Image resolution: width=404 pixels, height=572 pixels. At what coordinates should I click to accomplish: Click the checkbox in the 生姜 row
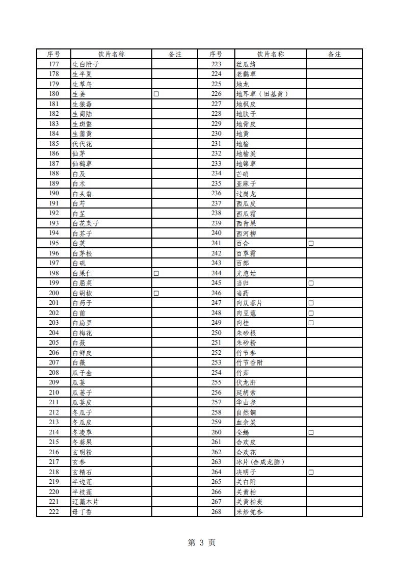[x=156, y=94]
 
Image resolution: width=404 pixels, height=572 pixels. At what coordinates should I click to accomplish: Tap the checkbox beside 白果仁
[x=156, y=273]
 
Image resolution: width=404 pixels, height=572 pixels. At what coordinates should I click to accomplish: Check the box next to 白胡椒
[x=156, y=293]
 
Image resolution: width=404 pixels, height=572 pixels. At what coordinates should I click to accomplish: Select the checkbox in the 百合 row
[x=311, y=243]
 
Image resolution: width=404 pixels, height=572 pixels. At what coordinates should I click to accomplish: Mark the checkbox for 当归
[x=311, y=283]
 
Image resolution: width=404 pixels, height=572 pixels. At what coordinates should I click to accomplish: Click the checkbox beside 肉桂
[x=311, y=323]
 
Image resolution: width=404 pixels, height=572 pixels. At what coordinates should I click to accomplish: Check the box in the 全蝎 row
[x=311, y=432]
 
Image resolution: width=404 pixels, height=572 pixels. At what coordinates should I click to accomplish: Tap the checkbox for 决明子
[x=311, y=472]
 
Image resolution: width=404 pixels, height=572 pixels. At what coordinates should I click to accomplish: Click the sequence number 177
[x=53, y=64]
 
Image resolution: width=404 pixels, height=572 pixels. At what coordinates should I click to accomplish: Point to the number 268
[x=216, y=512]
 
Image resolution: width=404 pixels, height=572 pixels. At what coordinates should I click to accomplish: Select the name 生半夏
[x=82, y=74]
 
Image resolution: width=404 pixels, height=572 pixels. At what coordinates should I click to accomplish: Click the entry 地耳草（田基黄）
[x=262, y=94]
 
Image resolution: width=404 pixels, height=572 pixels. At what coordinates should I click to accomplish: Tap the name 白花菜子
[x=86, y=223]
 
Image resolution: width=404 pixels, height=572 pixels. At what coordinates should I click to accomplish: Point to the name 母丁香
[x=82, y=512]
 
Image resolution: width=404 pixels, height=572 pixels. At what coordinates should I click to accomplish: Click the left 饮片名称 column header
[x=111, y=54]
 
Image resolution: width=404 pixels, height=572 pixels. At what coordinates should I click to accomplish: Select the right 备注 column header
[x=334, y=54]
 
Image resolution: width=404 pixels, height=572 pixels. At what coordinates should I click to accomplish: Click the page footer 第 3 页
[x=202, y=542]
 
